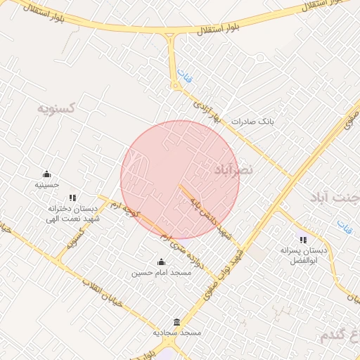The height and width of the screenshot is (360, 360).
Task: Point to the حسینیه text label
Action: [x=47, y=185]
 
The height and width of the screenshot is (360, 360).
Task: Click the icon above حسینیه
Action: [x=47, y=174]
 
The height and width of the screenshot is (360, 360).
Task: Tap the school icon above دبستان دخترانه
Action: [x=72, y=198]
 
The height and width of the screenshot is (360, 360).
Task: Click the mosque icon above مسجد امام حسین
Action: [x=162, y=262]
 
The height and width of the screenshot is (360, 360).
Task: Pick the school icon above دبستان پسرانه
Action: [x=303, y=240]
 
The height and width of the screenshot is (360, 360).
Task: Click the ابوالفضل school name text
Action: [x=304, y=260]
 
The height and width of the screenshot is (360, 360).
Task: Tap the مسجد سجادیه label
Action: [x=178, y=331]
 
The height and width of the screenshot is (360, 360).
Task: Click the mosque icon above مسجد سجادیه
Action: [x=176, y=321]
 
